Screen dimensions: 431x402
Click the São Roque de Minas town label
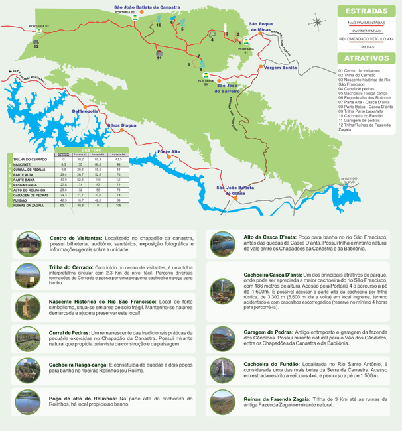click(x=259, y=27)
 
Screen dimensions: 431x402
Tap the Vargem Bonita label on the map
click(x=280, y=68)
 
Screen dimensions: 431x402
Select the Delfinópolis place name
click(x=85, y=111)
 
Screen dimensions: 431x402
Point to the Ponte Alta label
click(x=168, y=152)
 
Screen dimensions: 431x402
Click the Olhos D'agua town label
click(x=122, y=125)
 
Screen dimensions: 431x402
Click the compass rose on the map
click(x=318, y=22)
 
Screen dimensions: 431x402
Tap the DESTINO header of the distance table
click(x=92, y=150)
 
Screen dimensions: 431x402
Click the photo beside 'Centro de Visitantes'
click(x=29, y=243)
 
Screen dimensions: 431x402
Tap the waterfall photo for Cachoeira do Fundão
click(x=221, y=369)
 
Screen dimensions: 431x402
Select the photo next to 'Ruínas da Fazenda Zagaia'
click(x=221, y=402)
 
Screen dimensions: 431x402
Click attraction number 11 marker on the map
click(x=159, y=54)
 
